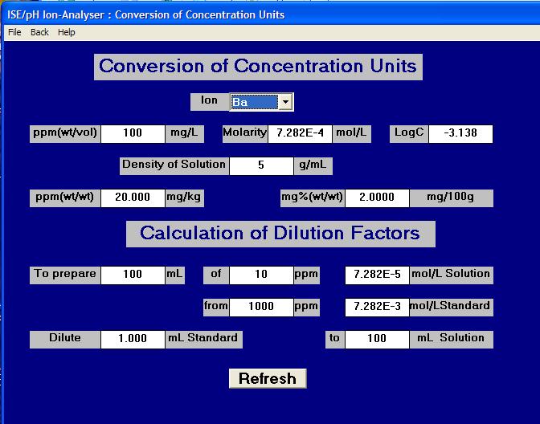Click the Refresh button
coord(268,378)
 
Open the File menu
coord(14,32)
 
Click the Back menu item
coord(39,32)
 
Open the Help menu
coord(67,32)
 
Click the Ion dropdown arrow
coord(285,102)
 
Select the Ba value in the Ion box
coord(254,102)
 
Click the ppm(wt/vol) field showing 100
coord(133,133)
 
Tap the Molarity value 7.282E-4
coord(300,133)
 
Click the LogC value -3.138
coord(460,133)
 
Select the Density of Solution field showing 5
coord(261,165)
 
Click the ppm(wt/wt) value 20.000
coord(133,198)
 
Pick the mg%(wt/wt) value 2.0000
coord(377,198)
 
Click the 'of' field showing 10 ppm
coord(261,275)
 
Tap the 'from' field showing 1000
coord(261,307)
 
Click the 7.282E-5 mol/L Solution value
coord(377,275)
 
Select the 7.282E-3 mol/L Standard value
coord(377,307)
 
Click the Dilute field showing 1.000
coord(133,339)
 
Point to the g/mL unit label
coord(313,165)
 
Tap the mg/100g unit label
coord(451,197)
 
